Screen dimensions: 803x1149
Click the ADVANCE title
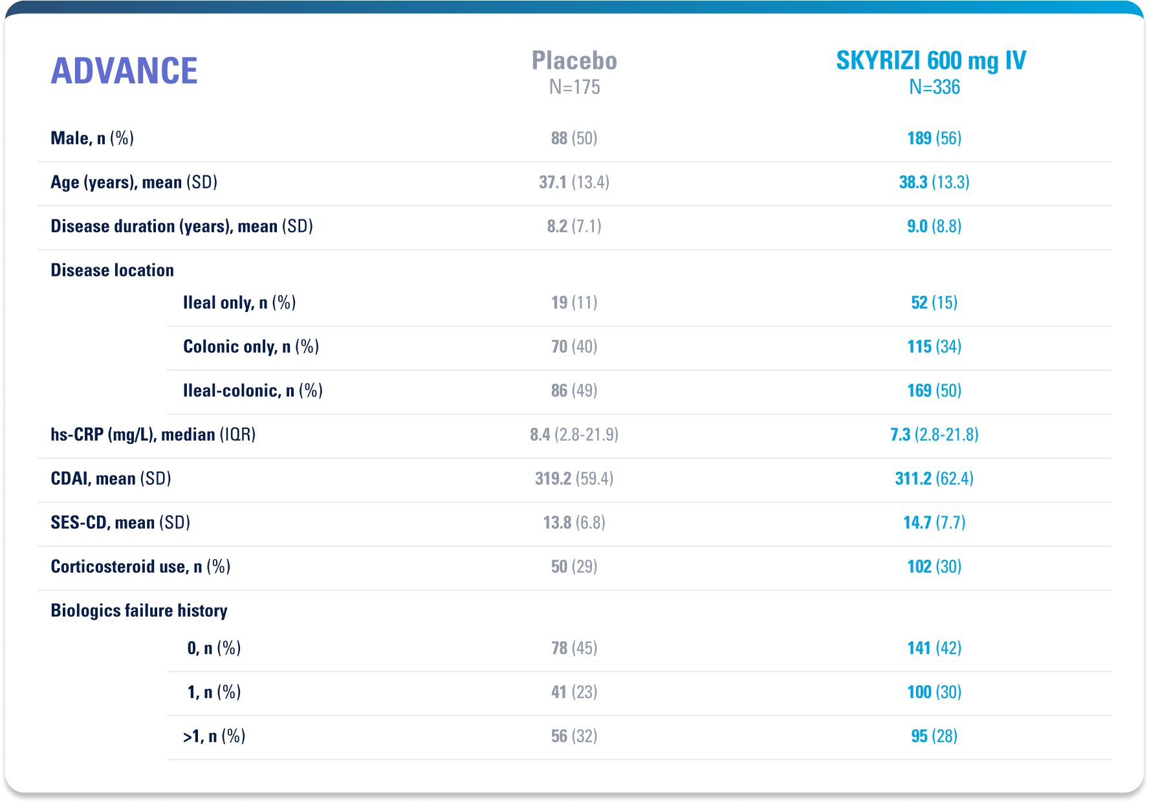pos(124,71)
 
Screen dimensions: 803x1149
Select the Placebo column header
pos(574,61)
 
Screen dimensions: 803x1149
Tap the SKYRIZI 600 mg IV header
pos(931,61)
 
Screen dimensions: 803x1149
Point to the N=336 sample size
pos(934,87)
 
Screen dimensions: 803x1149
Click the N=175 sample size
pos(574,87)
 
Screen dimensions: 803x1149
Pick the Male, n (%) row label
pos(93,138)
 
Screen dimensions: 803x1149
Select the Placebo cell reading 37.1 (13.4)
pos(574,182)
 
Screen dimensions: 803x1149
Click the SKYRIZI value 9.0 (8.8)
pos(934,226)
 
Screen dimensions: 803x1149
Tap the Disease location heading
pos(113,270)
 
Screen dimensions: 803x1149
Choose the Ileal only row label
pos(239,303)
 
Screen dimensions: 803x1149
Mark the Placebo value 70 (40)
pos(574,347)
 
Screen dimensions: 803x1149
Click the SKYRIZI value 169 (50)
pos(934,391)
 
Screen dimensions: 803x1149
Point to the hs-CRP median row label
pos(153,435)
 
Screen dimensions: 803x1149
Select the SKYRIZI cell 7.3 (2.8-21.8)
pos(934,435)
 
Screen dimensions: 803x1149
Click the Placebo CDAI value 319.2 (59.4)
pos(574,479)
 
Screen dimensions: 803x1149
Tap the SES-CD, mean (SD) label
pos(121,523)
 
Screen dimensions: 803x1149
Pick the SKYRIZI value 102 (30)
pos(934,567)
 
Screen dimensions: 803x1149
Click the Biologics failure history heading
pos(139,611)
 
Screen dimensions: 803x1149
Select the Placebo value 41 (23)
pos(574,692)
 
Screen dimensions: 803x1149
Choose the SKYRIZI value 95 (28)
pos(934,736)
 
